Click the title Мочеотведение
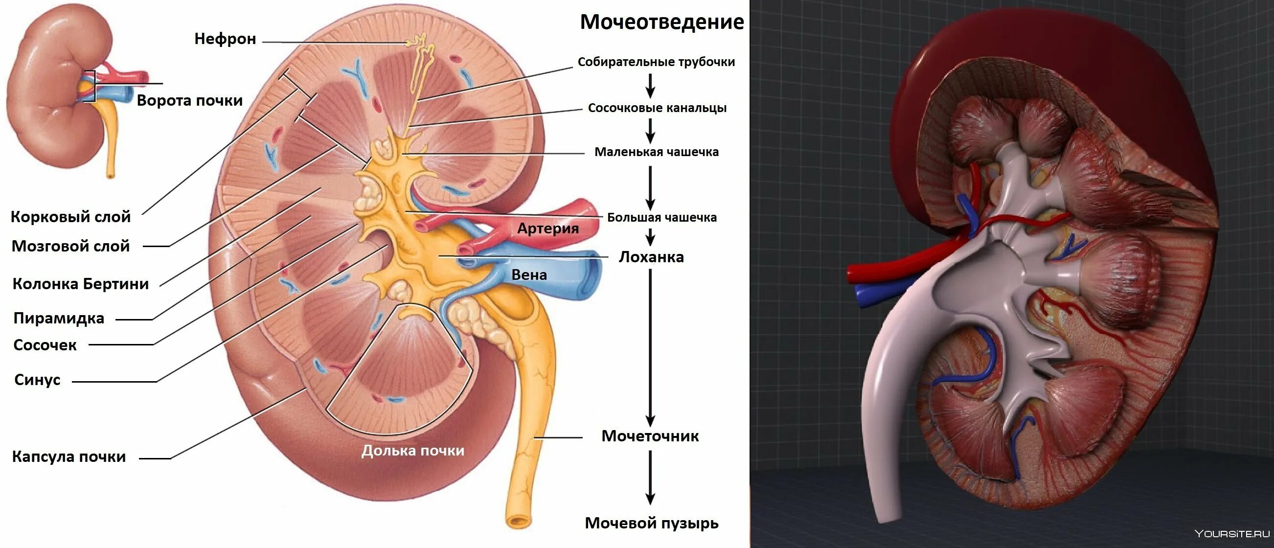click(662, 22)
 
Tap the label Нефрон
click(225, 39)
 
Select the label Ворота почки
click(189, 100)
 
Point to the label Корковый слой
click(71, 217)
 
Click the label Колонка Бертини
click(81, 284)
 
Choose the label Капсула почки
click(69, 457)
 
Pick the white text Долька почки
click(412, 451)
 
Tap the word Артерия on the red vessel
click(547, 228)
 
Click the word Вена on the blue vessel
click(529, 275)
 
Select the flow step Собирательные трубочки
click(656, 62)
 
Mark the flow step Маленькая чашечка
click(656, 152)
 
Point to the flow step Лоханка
click(651, 257)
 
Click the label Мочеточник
click(650, 436)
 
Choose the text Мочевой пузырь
click(651, 523)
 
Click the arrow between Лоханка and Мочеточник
click(650, 346)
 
